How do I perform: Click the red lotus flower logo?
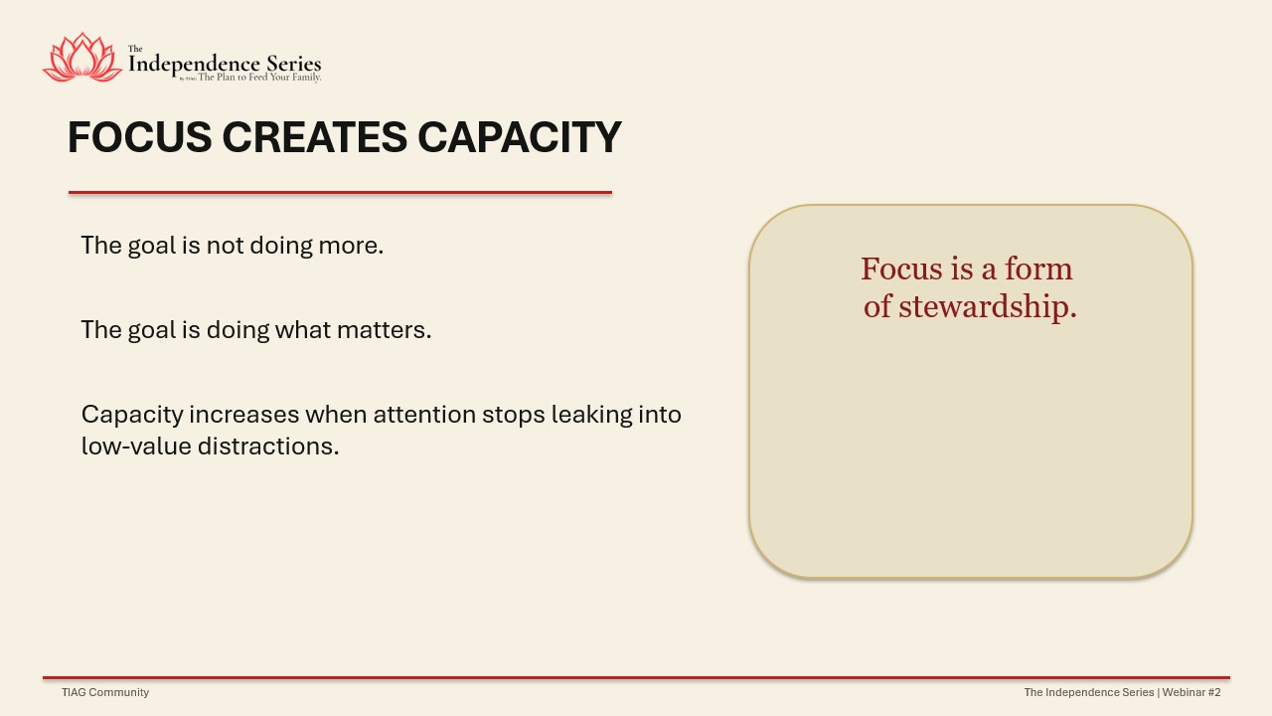pos(82,58)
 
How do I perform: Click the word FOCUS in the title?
pos(140,137)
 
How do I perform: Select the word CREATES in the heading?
pos(315,137)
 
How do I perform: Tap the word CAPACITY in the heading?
pos(520,137)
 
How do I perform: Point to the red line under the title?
pos(340,193)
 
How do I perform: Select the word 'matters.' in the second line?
pos(384,330)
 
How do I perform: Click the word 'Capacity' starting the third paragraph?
pos(132,416)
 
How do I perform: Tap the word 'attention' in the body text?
pos(424,415)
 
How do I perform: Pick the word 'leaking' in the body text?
pos(591,416)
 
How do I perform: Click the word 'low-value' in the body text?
pos(136,447)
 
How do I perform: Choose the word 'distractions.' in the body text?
pos(268,447)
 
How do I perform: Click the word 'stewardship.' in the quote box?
pos(988,307)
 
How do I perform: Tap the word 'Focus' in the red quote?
pos(901,268)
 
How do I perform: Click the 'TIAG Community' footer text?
pos(105,692)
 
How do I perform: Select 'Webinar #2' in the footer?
pos(1192,692)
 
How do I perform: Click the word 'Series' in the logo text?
pos(293,64)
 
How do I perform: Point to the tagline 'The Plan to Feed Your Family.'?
pos(259,78)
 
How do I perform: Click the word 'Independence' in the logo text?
pos(195,65)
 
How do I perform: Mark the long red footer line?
pos(637,678)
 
